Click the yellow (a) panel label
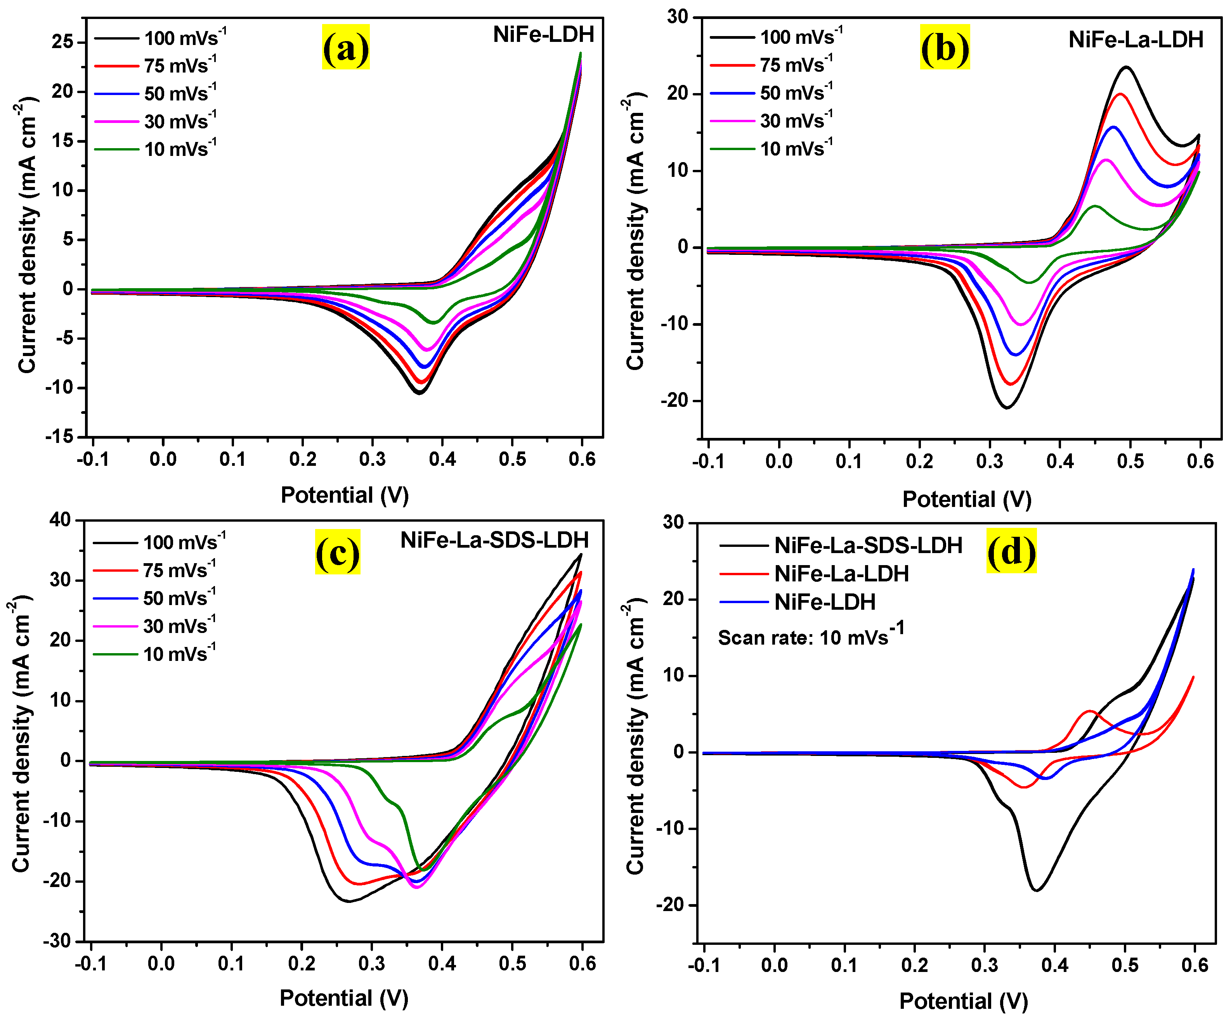[345, 47]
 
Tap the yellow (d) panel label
[1011, 550]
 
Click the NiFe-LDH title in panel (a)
[543, 35]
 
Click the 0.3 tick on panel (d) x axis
[985, 965]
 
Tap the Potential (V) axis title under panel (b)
[966, 499]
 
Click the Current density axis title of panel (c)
[21, 733]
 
